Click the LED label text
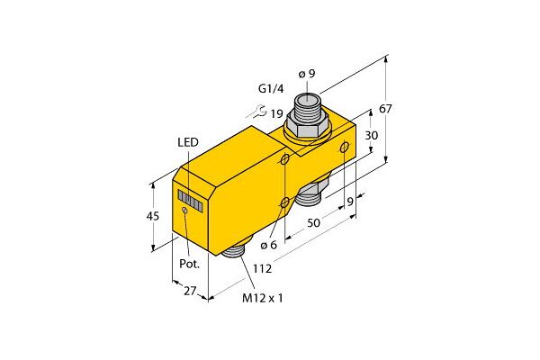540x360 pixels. (189, 143)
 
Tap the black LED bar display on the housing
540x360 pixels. (191, 200)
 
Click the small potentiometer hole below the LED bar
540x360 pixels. (184, 211)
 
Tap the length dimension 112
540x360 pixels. (262, 267)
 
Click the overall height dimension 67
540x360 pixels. (385, 109)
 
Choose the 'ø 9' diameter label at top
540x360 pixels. (306, 73)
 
